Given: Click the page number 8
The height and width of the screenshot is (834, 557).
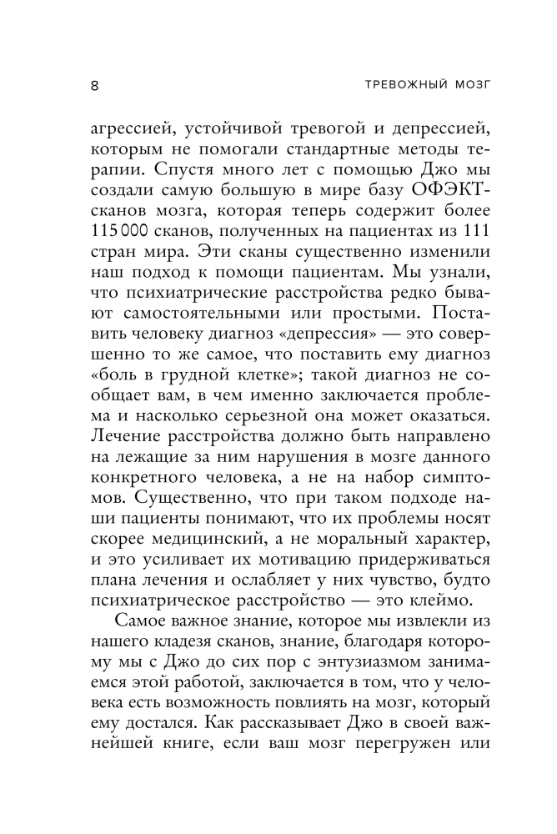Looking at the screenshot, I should pos(93,85).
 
